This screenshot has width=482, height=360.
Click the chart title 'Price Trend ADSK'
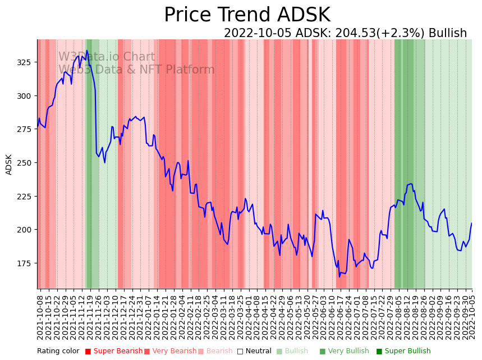247,15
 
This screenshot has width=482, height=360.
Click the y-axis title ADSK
9,165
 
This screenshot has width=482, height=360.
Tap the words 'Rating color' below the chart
58,352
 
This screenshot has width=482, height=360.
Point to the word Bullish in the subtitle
448,33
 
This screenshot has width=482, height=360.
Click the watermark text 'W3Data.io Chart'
107,57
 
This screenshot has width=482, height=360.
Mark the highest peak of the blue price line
87,51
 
